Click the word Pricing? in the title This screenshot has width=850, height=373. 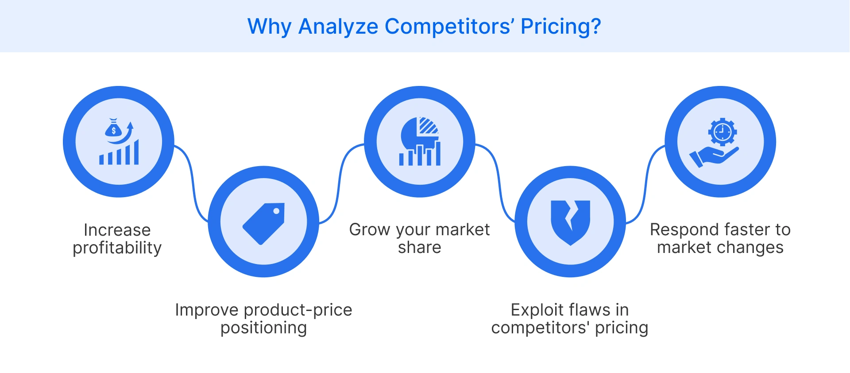click(x=560, y=27)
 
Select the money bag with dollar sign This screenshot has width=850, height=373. click(x=113, y=129)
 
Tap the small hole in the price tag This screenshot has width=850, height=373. click(x=276, y=211)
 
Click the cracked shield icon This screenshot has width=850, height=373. click(x=570, y=222)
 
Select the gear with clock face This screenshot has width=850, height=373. click(x=722, y=132)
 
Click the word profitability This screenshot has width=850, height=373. click(x=117, y=248)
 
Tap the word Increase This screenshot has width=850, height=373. click(x=117, y=230)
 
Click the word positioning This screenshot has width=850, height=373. click(x=263, y=328)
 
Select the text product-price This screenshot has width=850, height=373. click(x=298, y=310)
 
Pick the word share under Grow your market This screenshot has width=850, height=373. click(x=419, y=248)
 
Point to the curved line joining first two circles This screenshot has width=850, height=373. click(x=192, y=182)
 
